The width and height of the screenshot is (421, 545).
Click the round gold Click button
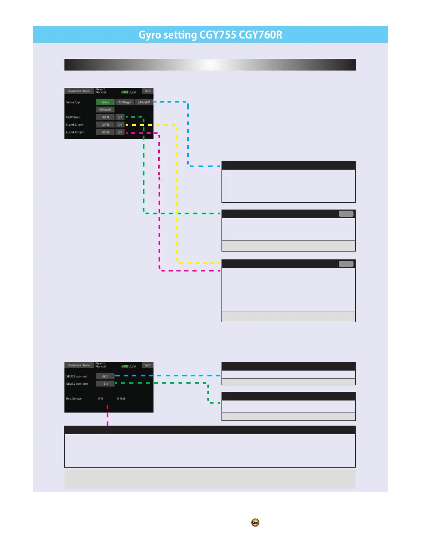pyautogui.click(x=255, y=523)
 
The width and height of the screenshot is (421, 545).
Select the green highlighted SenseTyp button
pyautogui.click(x=105, y=102)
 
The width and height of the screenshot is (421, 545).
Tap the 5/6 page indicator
pyautogui.click(x=148, y=91)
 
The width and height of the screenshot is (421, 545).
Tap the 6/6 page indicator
pyautogui.click(x=148, y=365)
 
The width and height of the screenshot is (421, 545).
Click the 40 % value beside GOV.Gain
pyautogui.click(x=105, y=117)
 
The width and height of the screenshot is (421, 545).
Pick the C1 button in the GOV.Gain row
pyautogui.click(x=120, y=117)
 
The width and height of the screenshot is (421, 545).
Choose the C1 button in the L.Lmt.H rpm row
pyautogui.click(x=120, y=132)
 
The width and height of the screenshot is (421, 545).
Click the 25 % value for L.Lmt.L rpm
pyautogui.click(x=105, y=125)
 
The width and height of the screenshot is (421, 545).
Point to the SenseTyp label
pyautogui.click(x=73, y=102)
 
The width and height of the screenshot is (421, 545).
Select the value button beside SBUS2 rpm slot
pyautogui.click(x=105, y=384)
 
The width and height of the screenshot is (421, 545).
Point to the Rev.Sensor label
pyautogui.click(x=74, y=398)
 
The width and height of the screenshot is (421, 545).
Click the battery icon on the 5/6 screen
pyautogui.click(x=125, y=92)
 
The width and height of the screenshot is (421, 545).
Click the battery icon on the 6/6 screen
pyautogui.click(x=125, y=366)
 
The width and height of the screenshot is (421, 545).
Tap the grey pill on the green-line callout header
pyautogui.click(x=346, y=214)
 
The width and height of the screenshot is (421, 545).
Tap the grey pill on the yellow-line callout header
pyautogui.click(x=346, y=264)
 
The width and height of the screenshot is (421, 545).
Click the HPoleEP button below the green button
pyautogui.click(x=105, y=110)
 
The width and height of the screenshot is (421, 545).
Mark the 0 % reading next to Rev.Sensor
pyautogui.click(x=100, y=398)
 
